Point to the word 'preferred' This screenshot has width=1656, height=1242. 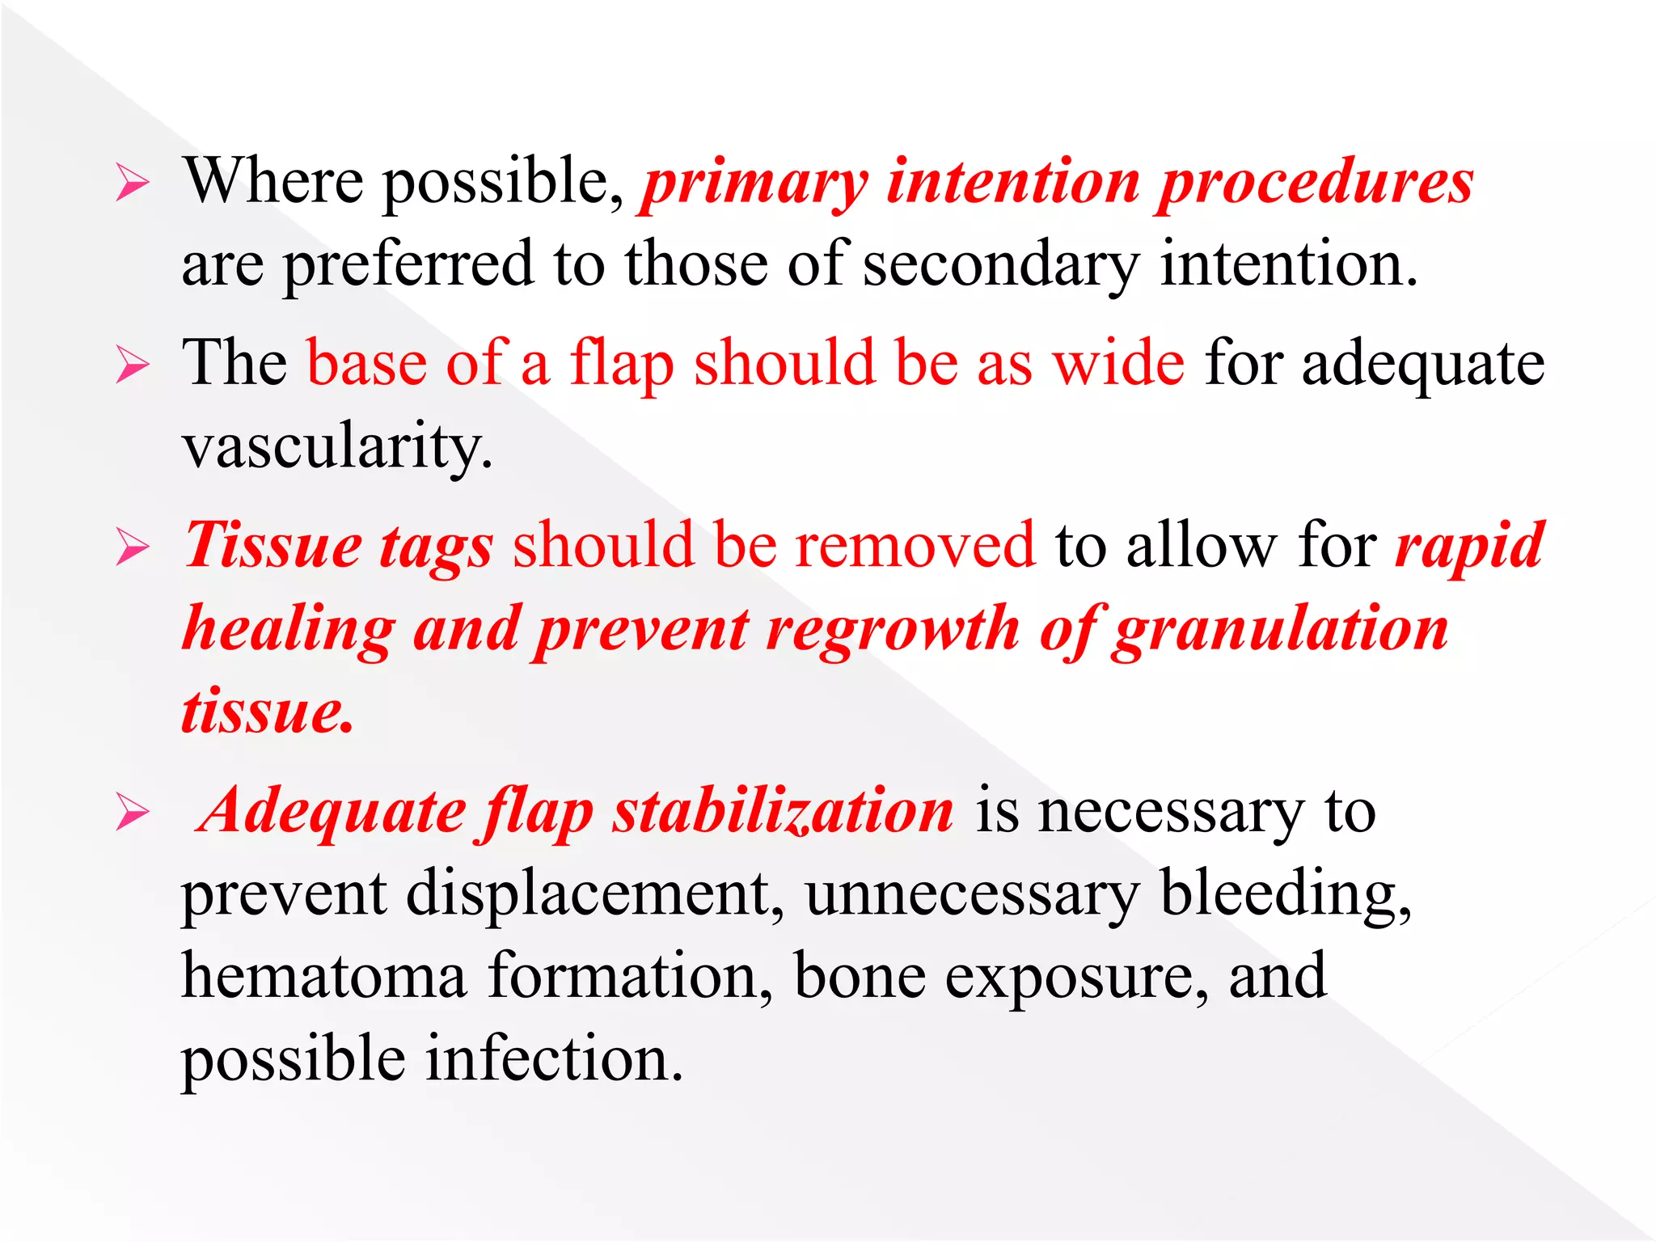tap(408, 264)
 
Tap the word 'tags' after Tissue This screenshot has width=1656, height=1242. tap(436, 548)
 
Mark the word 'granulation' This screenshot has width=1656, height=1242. tap(1279, 631)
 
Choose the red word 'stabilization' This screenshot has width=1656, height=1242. tap(783, 811)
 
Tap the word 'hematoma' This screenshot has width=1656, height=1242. tap(324, 976)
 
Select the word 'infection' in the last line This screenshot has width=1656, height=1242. tap(554, 1059)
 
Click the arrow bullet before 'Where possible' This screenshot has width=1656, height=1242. tap(132, 182)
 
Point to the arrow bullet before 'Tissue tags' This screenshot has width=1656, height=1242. tap(132, 547)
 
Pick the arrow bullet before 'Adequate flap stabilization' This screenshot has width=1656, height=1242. tap(132, 812)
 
